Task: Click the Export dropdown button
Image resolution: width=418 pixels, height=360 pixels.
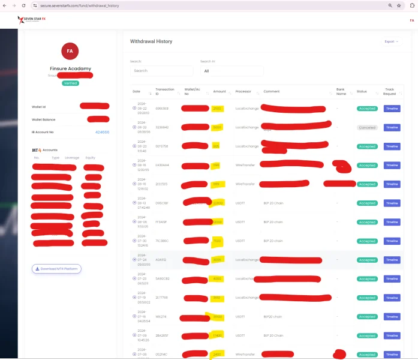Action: click(x=392, y=41)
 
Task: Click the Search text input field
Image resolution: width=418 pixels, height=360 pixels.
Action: click(x=161, y=71)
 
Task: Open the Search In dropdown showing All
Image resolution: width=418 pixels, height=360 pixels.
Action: click(x=231, y=71)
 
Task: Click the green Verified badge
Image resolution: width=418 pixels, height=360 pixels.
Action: click(x=70, y=83)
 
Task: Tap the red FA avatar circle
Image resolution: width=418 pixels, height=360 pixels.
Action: click(x=70, y=52)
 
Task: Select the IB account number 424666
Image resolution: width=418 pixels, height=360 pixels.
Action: click(x=102, y=132)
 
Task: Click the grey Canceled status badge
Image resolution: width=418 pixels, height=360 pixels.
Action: click(x=367, y=128)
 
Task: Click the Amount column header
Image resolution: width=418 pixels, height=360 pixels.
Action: click(x=219, y=92)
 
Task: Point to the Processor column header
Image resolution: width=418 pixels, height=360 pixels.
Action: click(x=243, y=92)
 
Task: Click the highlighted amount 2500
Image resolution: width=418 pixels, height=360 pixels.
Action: click(x=217, y=109)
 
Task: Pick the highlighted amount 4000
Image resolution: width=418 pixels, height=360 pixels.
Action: click(x=217, y=279)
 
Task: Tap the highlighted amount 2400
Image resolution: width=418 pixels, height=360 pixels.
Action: click(x=217, y=355)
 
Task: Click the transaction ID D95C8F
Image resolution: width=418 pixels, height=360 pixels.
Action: click(x=162, y=203)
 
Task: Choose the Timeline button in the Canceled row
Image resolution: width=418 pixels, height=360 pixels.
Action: click(x=392, y=128)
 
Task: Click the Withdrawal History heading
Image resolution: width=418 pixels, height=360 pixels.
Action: click(x=151, y=41)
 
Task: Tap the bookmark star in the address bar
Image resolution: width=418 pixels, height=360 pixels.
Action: click(x=399, y=5)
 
